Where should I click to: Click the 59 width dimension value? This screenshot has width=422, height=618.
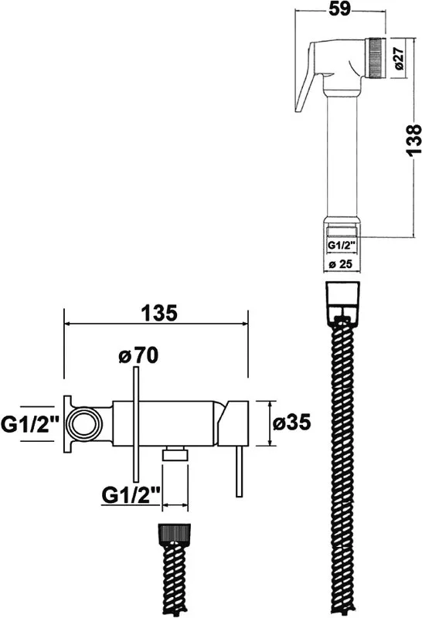339,9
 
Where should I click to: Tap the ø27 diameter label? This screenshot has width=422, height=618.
399,59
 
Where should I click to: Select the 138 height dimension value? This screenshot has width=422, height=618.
414,141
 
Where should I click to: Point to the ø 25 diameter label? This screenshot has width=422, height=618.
340,264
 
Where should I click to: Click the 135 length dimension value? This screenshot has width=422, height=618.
159,314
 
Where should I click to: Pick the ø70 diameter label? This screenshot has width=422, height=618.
138,355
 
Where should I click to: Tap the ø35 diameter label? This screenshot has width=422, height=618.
292,423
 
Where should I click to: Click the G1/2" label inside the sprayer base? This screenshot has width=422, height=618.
342,245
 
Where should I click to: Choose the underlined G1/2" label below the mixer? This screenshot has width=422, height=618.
131,495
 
